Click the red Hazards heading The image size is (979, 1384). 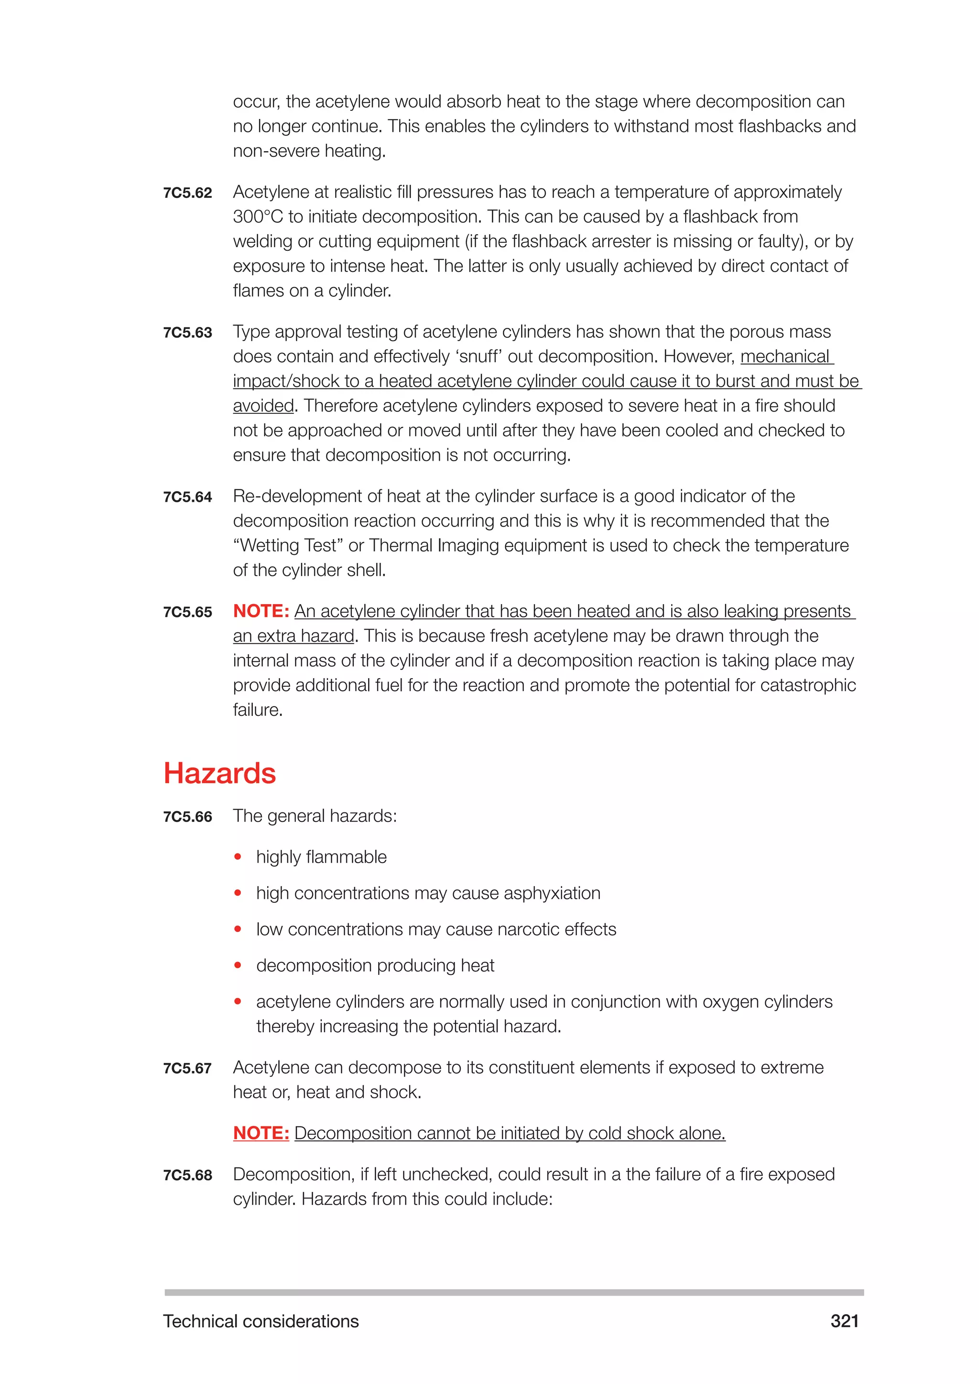[x=219, y=773]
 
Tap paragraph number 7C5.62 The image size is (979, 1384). [x=187, y=193]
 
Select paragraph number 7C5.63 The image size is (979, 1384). [x=187, y=333]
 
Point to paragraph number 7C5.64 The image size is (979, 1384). [x=187, y=497]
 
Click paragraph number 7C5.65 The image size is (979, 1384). [x=187, y=613]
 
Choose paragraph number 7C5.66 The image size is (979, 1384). [x=187, y=817]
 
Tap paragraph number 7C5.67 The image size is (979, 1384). [x=187, y=1069]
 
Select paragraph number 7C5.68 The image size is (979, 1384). [x=187, y=1176]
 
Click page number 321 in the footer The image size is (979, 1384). [x=844, y=1321]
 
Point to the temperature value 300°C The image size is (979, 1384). [x=258, y=217]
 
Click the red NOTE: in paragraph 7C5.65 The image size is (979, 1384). [x=261, y=611]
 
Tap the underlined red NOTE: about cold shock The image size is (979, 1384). [x=261, y=1133]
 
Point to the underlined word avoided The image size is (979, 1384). [x=263, y=406]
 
